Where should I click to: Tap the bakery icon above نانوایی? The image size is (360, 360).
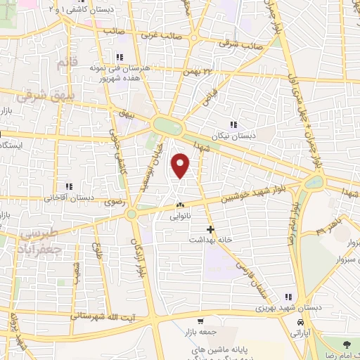tap(179, 205)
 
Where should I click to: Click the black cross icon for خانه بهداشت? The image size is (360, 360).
tap(210, 229)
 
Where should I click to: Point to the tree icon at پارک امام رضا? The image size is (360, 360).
tap(346, 342)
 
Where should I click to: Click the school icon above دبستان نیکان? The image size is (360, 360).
tap(234, 124)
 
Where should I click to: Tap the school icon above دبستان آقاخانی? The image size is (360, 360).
tap(69, 186)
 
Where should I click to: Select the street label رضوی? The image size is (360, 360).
tap(115, 202)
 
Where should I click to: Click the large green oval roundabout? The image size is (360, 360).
tap(167, 126)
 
